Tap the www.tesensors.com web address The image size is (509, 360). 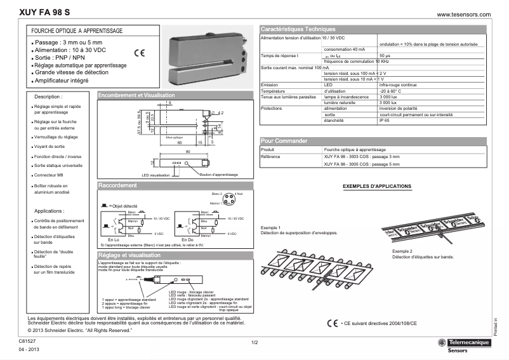pyautogui.click(x=465, y=14)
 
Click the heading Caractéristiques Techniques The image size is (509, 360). pyautogui.click(x=298, y=29)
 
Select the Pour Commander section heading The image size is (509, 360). pyautogui.click(x=284, y=140)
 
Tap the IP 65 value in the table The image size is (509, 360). pyautogui.click(x=386, y=120)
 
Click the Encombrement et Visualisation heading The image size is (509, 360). pyautogui.click(x=136, y=95)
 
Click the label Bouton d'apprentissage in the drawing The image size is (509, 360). pyautogui.click(x=218, y=175)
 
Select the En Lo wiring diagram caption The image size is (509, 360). pyautogui.click(x=114, y=239)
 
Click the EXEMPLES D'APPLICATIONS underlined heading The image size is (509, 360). pyautogui.click(x=376, y=186)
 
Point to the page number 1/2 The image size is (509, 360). pyautogui.click(x=254, y=343)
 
